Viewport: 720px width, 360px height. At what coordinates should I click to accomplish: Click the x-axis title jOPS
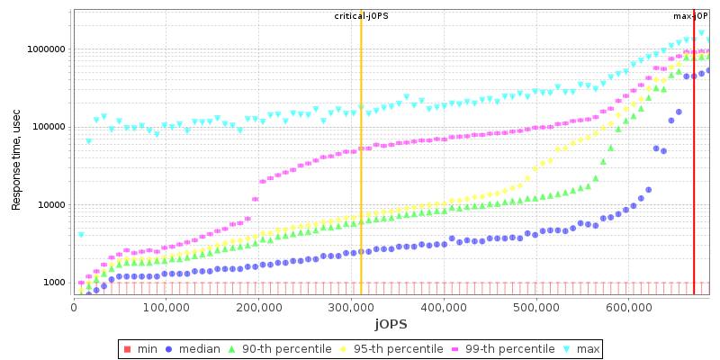(x=391, y=323)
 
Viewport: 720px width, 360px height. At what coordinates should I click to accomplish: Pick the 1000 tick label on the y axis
(x=54, y=283)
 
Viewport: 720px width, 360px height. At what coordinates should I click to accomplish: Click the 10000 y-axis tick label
(x=51, y=205)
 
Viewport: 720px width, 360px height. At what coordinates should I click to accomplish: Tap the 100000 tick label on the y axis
(x=49, y=127)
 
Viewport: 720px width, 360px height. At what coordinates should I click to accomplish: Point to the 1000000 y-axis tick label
(x=46, y=49)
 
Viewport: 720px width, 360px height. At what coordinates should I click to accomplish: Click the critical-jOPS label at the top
(x=361, y=16)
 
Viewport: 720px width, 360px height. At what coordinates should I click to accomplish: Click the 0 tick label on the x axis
(x=74, y=307)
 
